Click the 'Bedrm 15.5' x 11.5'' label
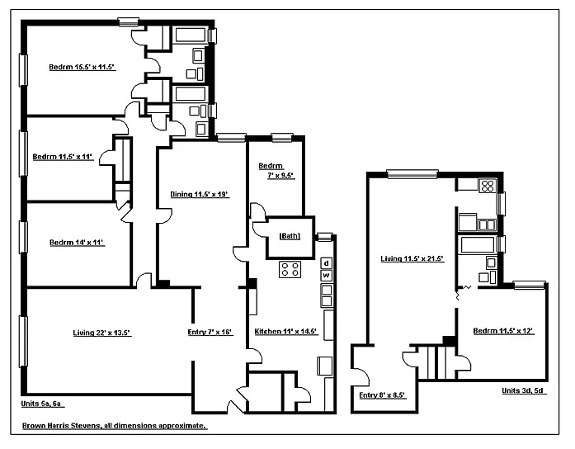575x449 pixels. point(82,67)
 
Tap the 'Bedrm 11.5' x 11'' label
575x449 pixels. point(63,157)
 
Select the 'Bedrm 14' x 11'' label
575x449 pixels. point(77,243)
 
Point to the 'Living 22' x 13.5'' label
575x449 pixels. point(102,333)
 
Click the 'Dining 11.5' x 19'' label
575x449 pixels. point(200,194)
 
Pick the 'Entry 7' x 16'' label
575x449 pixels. point(210,332)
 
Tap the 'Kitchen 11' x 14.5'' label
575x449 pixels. point(286,331)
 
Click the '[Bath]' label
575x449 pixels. point(290,236)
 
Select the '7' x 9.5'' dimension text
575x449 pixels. point(280,175)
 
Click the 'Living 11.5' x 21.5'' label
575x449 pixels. point(412,258)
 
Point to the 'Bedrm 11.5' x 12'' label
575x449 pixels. point(503,331)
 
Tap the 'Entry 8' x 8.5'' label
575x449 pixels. point(383,395)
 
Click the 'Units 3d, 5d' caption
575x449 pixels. point(524,390)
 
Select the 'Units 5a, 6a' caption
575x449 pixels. point(43,404)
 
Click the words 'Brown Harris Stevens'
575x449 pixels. point(61,426)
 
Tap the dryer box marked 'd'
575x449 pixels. point(327,263)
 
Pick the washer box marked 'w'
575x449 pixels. point(327,276)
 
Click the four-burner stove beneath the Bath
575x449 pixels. point(290,269)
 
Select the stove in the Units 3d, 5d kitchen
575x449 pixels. point(488,186)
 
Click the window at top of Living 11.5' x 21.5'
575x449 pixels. point(412,173)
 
